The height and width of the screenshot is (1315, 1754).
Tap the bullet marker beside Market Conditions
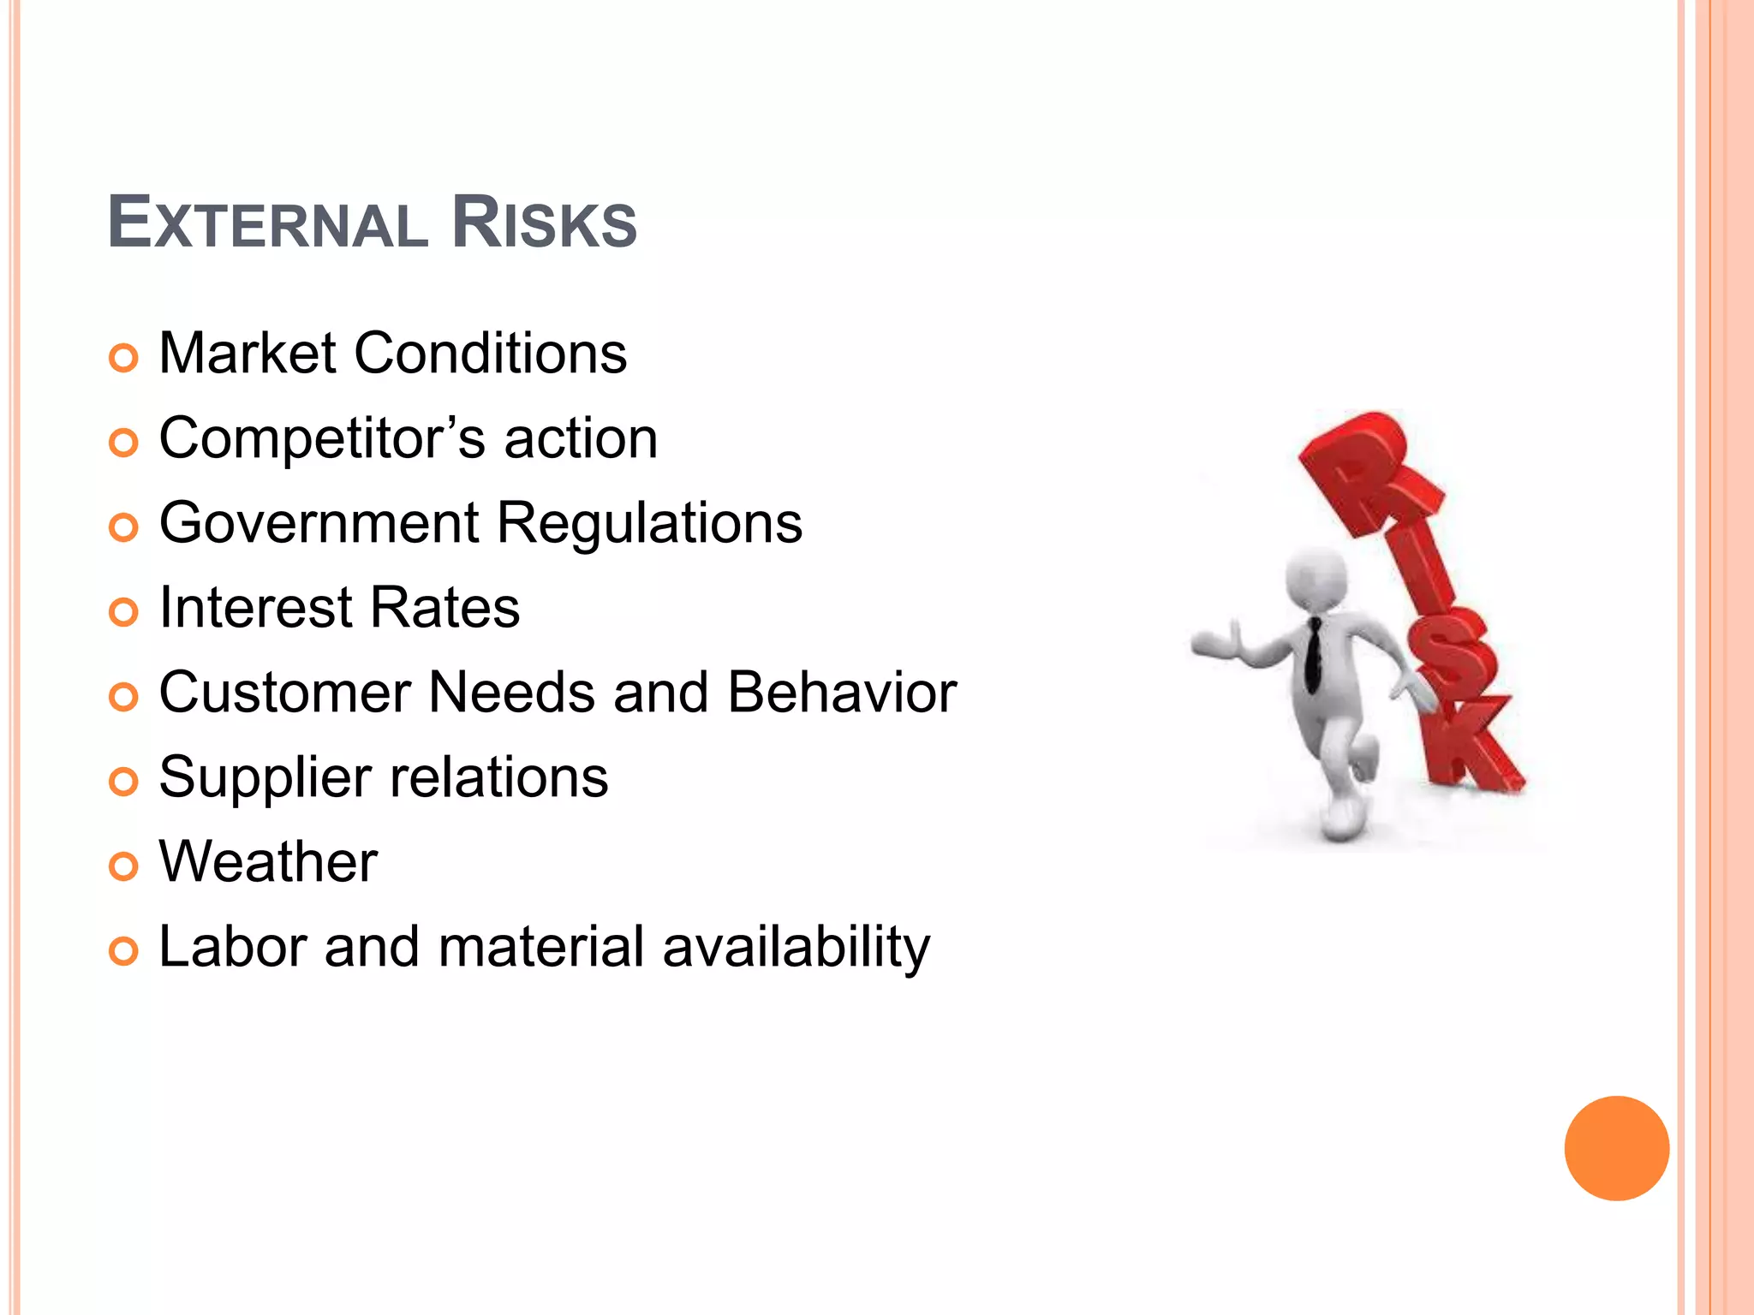tap(123, 357)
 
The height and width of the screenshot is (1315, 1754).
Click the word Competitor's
tap(323, 438)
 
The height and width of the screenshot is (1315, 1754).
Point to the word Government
tap(319, 523)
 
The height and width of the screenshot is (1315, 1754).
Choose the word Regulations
tap(649, 523)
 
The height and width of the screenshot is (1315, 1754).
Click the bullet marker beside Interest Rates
tap(123, 611)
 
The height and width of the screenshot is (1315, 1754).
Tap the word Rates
tap(444, 607)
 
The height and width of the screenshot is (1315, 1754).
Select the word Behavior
tap(842, 692)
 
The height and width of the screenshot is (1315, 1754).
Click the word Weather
tap(268, 861)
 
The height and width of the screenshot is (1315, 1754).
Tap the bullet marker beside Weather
tap(123, 866)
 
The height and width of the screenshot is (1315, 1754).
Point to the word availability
tap(796, 947)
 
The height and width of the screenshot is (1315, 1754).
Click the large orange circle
tap(1616, 1148)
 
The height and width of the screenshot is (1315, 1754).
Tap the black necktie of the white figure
tap(1313, 655)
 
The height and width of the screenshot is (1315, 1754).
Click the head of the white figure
tap(1316, 578)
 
